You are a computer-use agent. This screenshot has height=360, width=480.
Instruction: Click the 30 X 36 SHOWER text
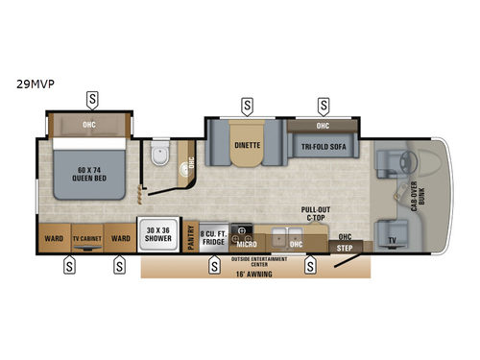click(x=159, y=234)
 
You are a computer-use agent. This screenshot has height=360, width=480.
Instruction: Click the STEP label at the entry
click(x=344, y=247)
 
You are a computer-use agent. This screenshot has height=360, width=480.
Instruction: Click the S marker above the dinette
click(x=247, y=104)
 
